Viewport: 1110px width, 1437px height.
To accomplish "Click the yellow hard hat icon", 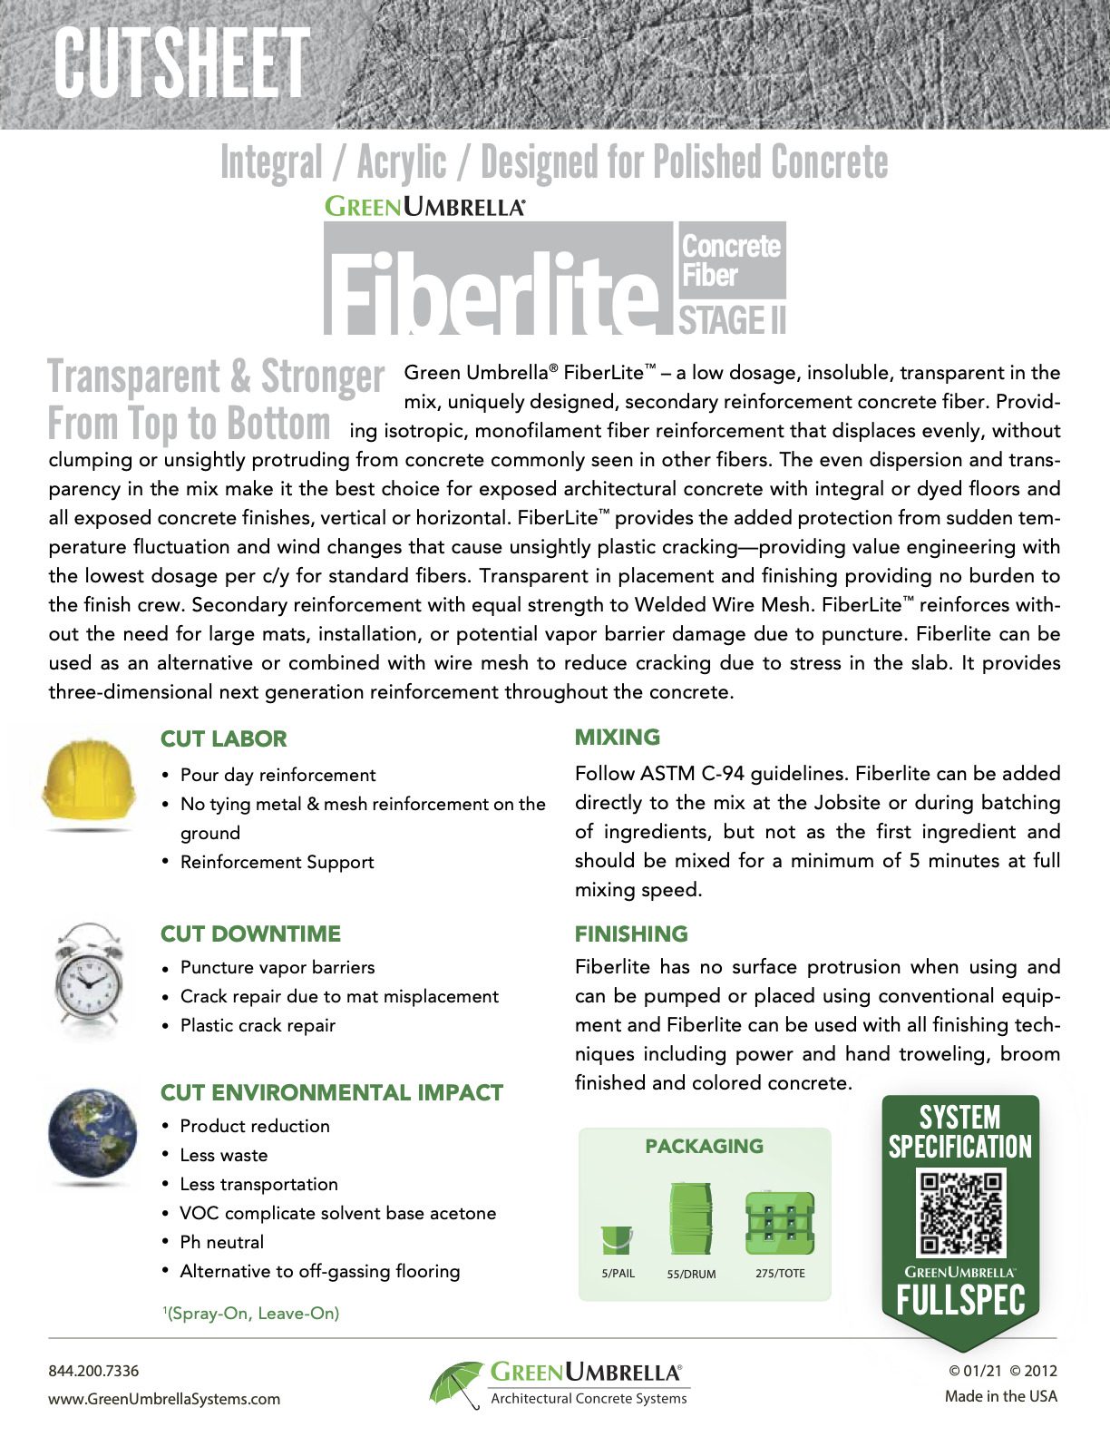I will pos(89,781).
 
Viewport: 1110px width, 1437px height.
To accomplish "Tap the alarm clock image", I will pos(88,978).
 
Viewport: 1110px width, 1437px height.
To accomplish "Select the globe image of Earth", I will pos(92,1136).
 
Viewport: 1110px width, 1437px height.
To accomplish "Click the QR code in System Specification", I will pos(960,1213).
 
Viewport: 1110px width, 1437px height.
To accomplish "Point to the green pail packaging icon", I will pos(617,1239).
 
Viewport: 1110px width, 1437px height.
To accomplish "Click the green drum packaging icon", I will pos(690,1218).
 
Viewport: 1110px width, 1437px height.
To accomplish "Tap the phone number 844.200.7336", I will pos(93,1370).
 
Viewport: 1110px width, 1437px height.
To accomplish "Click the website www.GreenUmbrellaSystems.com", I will pos(164,1398).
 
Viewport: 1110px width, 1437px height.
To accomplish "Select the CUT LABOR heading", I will pos(223,739).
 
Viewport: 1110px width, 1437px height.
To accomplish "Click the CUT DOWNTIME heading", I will pos(250,934).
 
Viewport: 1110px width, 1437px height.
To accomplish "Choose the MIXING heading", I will pos(618,738).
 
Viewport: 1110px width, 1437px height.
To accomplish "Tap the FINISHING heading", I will pos(631,934).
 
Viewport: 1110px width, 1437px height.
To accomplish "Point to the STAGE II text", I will pos(732,321).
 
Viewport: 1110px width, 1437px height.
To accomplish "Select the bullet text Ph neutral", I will pos(222,1242).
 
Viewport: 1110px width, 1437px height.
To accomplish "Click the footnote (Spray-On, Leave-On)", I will pos(252,1313).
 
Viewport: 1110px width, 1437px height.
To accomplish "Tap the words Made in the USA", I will pos(1000,1396).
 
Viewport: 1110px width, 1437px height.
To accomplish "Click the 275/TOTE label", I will pos(780,1273).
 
